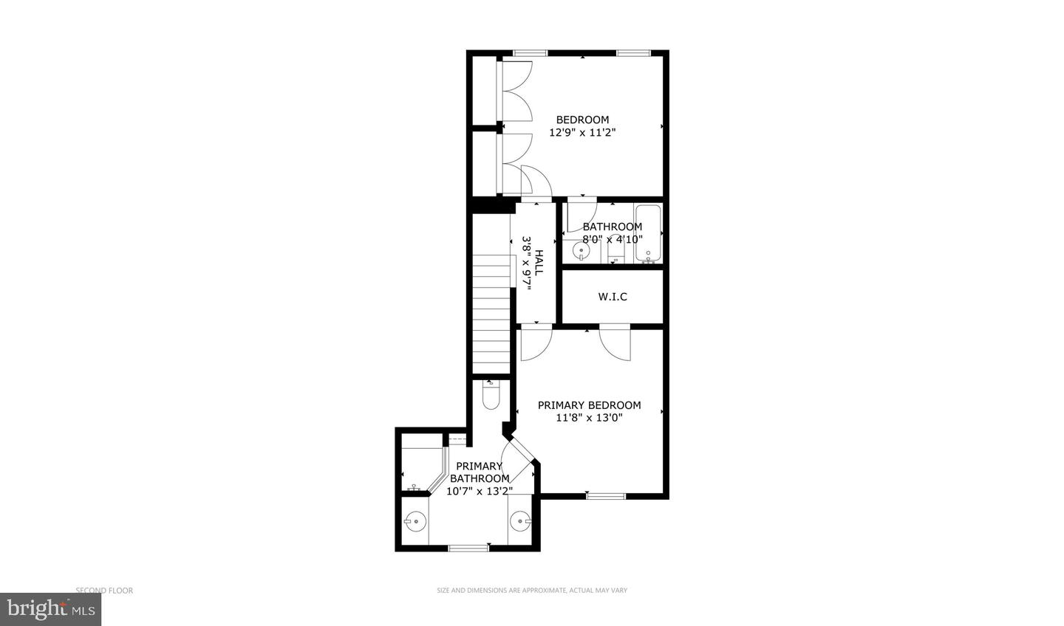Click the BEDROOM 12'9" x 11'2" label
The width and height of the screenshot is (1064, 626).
click(582, 126)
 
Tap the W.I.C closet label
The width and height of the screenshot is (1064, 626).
click(613, 297)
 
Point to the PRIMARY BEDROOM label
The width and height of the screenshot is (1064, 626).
click(589, 411)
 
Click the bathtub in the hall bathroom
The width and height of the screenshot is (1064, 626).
click(647, 234)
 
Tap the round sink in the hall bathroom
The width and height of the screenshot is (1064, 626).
click(582, 252)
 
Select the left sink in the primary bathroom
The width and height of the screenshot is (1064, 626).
click(416, 522)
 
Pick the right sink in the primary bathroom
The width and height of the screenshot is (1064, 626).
click(519, 522)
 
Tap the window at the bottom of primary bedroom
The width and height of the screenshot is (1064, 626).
click(606, 496)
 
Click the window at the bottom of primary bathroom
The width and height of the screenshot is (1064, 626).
click(469, 548)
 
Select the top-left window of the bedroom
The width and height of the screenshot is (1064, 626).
click(531, 53)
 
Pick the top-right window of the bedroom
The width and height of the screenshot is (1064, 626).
click(633, 53)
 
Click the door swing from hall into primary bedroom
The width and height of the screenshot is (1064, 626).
click(534, 342)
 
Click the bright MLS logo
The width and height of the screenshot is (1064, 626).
click(50, 609)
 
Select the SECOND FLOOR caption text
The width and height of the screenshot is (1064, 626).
click(104, 591)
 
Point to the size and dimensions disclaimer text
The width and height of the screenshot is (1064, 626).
click(532, 591)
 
